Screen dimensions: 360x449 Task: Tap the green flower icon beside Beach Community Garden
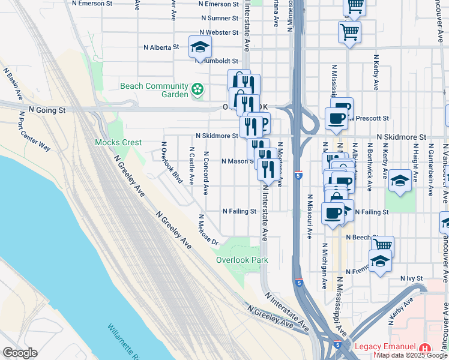pos(197,91)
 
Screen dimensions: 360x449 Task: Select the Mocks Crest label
pos(118,143)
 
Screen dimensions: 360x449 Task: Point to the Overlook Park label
pos(242,260)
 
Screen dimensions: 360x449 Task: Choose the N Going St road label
pos(46,110)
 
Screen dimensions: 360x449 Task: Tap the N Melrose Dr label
pos(208,230)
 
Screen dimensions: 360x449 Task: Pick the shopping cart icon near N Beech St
pos(382,245)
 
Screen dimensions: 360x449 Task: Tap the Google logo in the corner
pos(20,353)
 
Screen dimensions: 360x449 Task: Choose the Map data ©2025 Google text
pos(412,355)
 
